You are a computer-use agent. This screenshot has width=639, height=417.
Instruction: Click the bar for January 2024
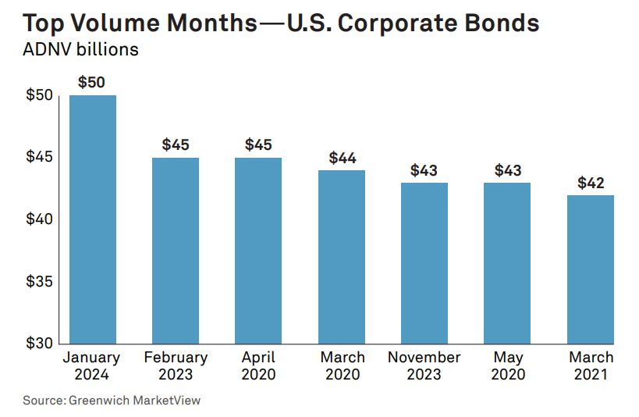tap(93, 219)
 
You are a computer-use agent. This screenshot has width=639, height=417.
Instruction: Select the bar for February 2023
tap(176, 250)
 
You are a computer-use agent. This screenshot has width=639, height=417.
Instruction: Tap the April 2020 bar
tap(258, 250)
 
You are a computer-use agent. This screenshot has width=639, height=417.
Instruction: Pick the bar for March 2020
tap(342, 256)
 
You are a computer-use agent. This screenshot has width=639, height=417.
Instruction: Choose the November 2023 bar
tap(424, 262)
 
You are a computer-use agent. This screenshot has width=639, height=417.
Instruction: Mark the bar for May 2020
tap(507, 262)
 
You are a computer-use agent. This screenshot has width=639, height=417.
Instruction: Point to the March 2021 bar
tap(590, 269)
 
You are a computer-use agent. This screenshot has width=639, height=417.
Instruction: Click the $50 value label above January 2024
tap(92, 82)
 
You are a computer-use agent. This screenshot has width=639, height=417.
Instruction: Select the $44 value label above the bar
tap(342, 158)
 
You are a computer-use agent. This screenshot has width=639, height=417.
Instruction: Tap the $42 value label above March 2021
tap(591, 183)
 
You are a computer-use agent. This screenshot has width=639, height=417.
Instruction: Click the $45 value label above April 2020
tap(258, 144)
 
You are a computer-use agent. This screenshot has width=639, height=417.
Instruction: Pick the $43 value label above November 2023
tap(424, 170)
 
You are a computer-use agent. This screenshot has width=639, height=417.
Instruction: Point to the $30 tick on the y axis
tap(39, 344)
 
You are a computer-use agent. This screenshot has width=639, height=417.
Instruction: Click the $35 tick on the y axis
tap(39, 282)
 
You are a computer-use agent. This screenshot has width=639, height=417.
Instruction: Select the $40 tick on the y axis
tap(39, 219)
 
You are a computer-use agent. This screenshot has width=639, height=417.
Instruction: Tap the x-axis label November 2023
tap(424, 365)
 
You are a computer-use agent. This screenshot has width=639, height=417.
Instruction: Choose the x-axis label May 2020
tap(507, 365)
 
